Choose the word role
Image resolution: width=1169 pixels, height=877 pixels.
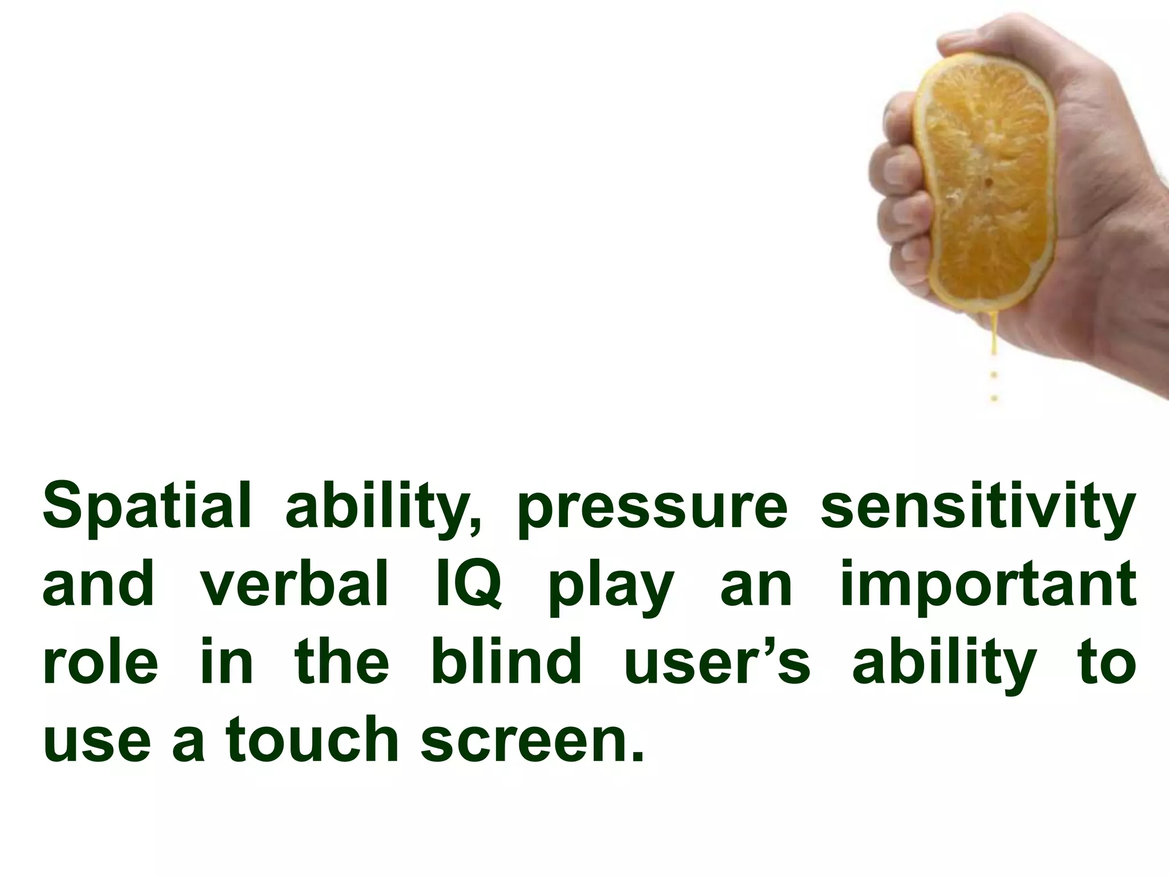click(100, 663)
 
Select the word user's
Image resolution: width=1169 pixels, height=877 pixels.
click(717, 663)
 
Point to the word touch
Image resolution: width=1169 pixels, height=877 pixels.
click(312, 741)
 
